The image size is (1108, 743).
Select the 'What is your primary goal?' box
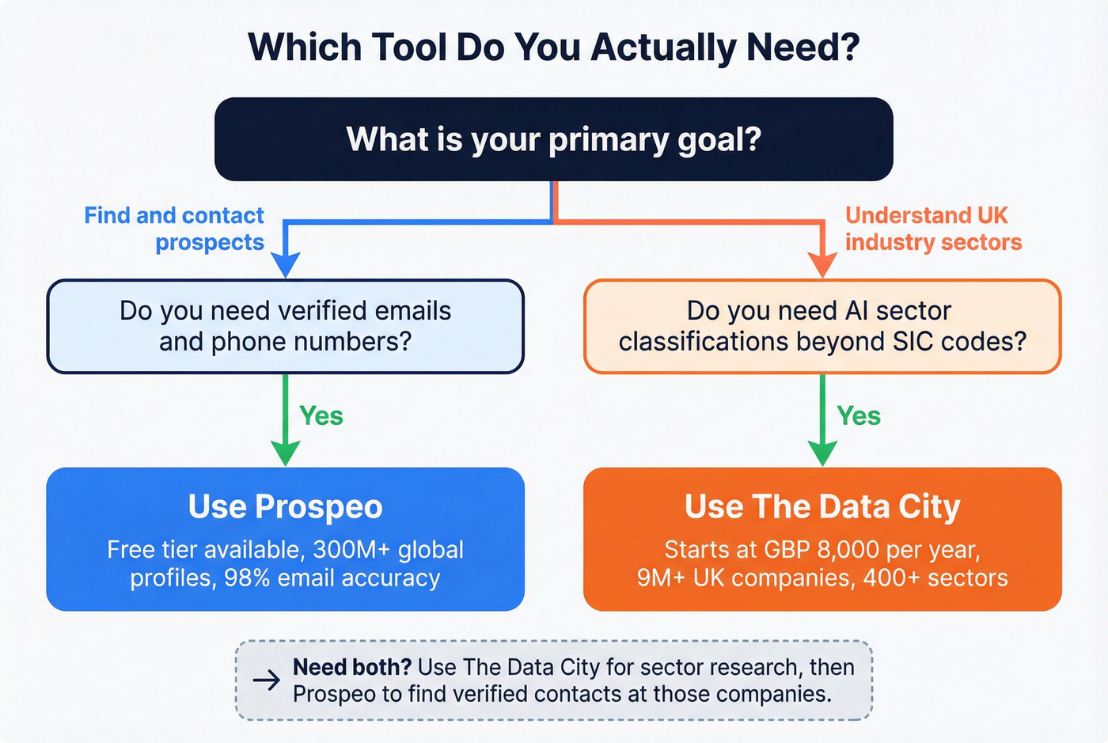pos(553,139)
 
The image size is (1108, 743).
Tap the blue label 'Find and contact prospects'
pos(174,229)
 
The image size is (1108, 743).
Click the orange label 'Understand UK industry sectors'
pos(933,229)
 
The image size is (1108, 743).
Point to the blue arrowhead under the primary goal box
pos(285,264)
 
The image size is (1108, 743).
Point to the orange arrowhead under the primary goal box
pos(822,264)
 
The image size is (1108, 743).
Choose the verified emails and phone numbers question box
pos(285,326)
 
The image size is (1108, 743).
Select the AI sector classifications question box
pos(822,326)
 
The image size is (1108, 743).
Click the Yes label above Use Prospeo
pos(321,416)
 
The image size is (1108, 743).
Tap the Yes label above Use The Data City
pos(858,416)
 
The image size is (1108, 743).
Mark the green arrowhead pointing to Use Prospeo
pos(285,453)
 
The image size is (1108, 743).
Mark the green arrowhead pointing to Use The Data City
pos(822,453)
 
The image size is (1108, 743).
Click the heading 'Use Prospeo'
pos(285,506)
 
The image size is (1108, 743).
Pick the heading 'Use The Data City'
pos(822,506)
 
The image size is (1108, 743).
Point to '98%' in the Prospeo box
pos(247,578)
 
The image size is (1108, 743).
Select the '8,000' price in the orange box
pos(848,549)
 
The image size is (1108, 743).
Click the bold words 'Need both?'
pos(351,667)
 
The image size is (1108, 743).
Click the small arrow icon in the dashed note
pos(267,680)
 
